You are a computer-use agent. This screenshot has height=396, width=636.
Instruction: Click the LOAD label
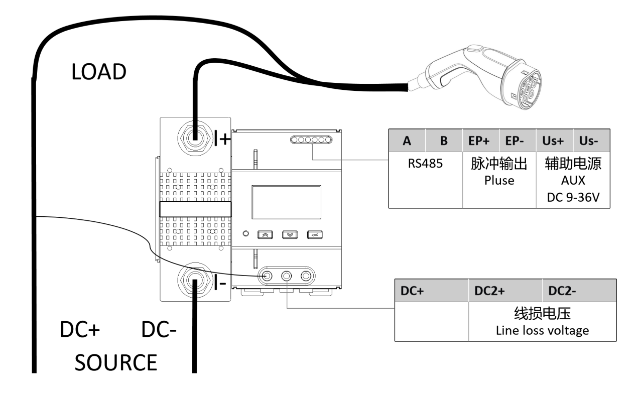click(x=98, y=72)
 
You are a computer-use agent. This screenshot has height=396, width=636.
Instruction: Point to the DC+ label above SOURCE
click(x=80, y=330)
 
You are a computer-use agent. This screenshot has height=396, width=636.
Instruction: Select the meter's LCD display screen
click(x=286, y=202)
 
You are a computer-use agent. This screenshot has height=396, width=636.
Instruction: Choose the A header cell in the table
click(x=407, y=142)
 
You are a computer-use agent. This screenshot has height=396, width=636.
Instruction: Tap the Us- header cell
click(x=591, y=142)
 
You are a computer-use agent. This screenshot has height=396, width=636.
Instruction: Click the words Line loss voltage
click(x=542, y=331)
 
